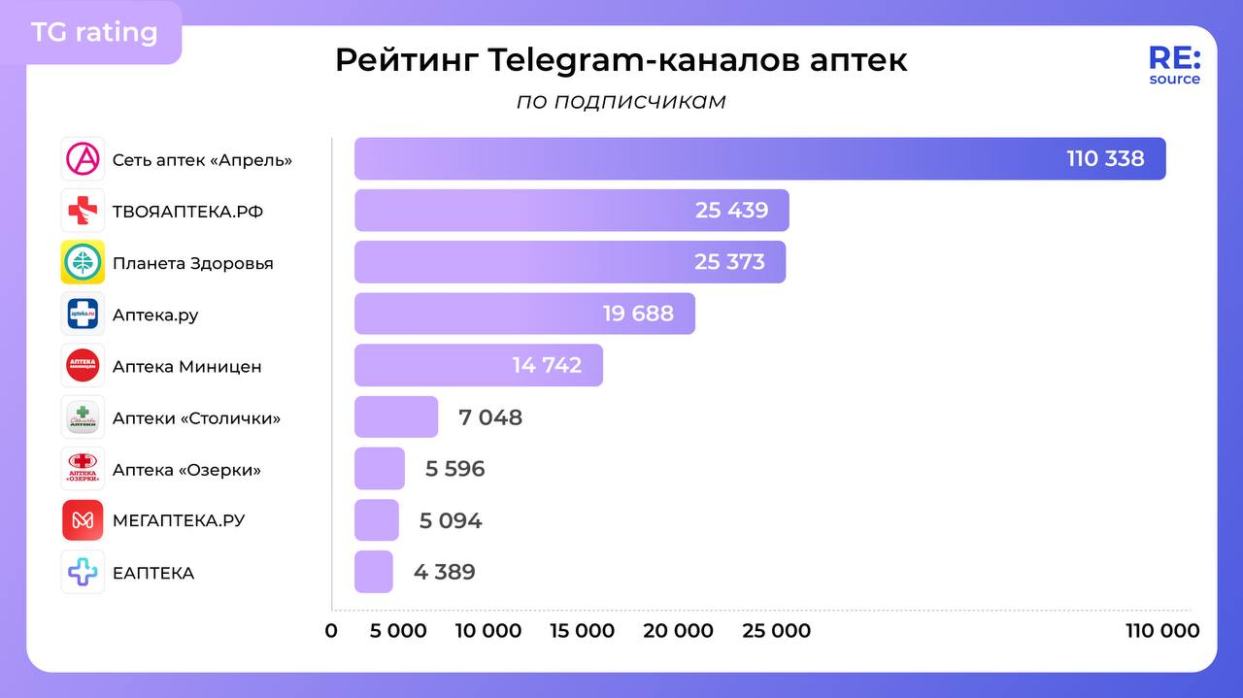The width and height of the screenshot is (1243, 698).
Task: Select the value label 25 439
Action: pyautogui.click(x=731, y=210)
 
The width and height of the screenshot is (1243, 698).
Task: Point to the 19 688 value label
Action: pyautogui.click(x=638, y=314)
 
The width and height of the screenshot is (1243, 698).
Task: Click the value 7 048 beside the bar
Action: pyautogui.click(x=490, y=417)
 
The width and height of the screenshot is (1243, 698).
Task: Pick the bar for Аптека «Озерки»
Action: pyautogui.click(x=380, y=469)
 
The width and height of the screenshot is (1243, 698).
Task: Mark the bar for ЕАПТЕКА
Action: pyautogui.click(x=374, y=572)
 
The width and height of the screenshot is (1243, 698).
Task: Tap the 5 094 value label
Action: pyautogui.click(x=451, y=520)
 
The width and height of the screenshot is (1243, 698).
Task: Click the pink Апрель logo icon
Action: pyautogui.click(x=83, y=159)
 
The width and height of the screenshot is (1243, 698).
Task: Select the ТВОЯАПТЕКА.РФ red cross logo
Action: pyautogui.click(x=83, y=211)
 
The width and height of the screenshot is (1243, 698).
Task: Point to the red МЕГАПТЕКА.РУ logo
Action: pyautogui.click(x=83, y=520)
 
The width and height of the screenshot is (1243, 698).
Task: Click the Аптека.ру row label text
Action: pyautogui.click(x=155, y=315)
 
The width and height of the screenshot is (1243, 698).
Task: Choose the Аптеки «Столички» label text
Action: pyautogui.click(x=196, y=418)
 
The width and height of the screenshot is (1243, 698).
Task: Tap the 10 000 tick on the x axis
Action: pyautogui.click(x=488, y=631)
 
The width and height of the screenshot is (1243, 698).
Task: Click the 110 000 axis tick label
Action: pyautogui.click(x=1162, y=631)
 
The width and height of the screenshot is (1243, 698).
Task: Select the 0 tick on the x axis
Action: pyautogui.click(x=331, y=631)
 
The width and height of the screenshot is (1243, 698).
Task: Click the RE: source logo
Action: pyautogui.click(x=1174, y=65)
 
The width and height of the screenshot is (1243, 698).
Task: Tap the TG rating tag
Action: pyautogui.click(x=94, y=32)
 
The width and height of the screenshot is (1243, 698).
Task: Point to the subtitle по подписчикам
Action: pyautogui.click(x=621, y=102)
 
